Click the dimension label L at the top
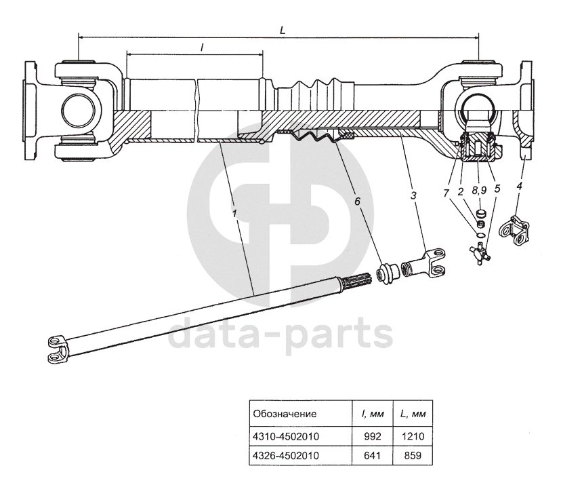click(282, 31)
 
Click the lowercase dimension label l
click(202, 47)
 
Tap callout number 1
click(234, 212)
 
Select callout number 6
click(358, 201)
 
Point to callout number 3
click(413, 195)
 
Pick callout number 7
click(446, 193)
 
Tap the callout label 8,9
click(479, 191)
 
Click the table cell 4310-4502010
click(285, 435)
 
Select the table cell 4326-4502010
click(285, 455)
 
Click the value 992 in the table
click(372, 435)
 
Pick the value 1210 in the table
click(413, 435)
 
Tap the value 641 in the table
click(372, 455)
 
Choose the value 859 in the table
click(413, 455)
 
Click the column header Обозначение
click(285, 413)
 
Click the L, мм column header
click(413, 413)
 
